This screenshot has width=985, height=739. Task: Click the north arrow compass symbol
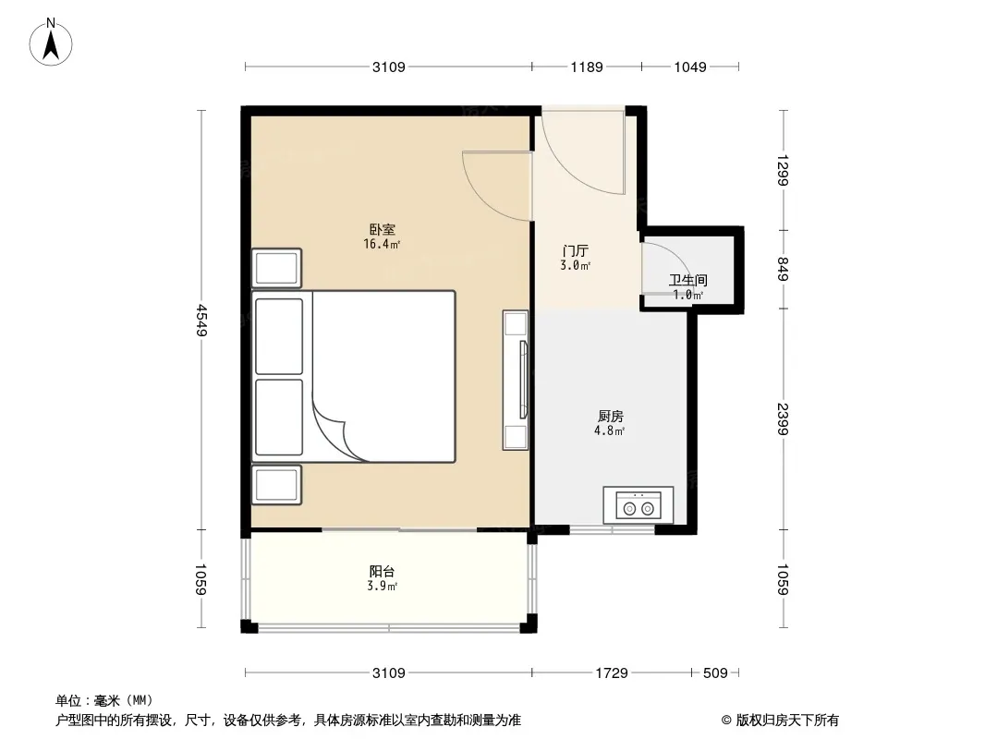(x=51, y=42)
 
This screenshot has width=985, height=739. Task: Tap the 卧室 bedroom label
(x=382, y=230)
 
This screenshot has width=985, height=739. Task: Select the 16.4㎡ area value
(x=382, y=244)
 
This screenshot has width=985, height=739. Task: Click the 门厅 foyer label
(x=576, y=251)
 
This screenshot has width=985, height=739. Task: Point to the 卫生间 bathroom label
(x=687, y=280)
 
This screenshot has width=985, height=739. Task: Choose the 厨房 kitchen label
(x=610, y=417)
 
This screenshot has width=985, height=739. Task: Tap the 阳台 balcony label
(x=382, y=572)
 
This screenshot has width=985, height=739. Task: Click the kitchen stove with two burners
(x=638, y=504)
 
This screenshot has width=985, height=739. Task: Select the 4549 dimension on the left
(x=201, y=321)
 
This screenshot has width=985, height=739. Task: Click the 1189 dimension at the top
(x=587, y=67)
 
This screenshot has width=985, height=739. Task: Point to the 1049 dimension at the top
(x=690, y=67)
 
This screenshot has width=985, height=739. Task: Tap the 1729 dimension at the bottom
(x=612, y=673)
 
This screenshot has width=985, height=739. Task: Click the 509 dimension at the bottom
(x=715, y=673)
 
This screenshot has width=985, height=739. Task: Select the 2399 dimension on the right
(x=783, y=418)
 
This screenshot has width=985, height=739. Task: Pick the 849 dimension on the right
(x=783, y=269)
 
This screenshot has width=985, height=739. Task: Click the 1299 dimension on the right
(x=783, y=170)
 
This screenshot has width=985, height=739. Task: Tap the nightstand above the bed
(x=276, y=268)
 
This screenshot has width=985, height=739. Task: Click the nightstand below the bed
(x=276, y=485)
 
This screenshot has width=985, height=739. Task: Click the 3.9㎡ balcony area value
(x=382, y=587)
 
